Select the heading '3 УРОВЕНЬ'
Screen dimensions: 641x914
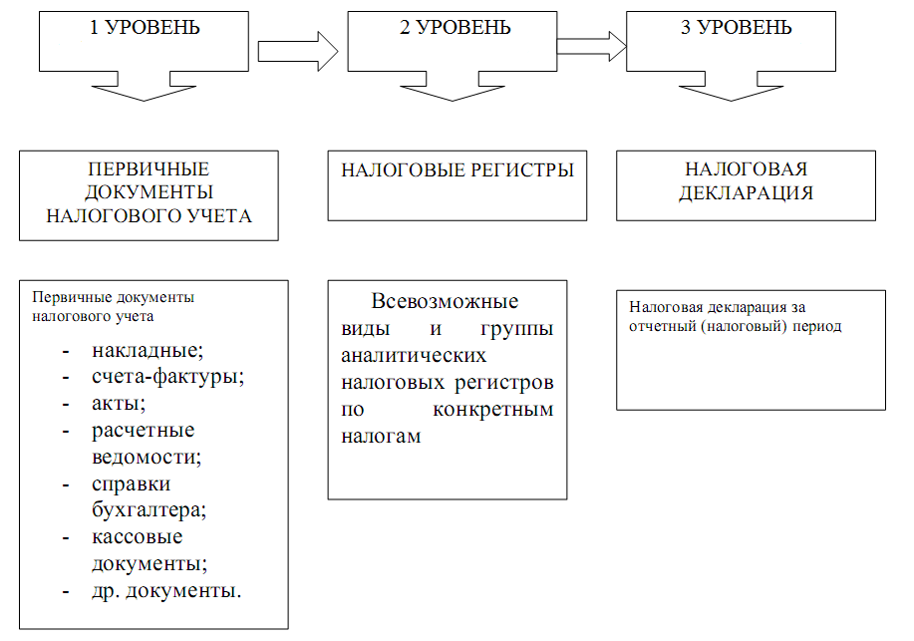737,28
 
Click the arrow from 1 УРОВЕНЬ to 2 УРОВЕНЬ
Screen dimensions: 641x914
298,48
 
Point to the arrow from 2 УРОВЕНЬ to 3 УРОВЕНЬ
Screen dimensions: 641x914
591,44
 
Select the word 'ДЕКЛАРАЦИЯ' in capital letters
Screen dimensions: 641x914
746,193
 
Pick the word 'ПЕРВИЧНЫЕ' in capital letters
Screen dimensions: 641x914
149,169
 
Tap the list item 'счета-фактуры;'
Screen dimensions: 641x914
167,378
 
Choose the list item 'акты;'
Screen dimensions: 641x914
119,404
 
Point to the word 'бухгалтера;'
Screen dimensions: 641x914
149,509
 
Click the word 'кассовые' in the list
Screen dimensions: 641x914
137,536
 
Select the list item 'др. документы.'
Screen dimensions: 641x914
166,590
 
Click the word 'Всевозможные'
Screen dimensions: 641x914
445,302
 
